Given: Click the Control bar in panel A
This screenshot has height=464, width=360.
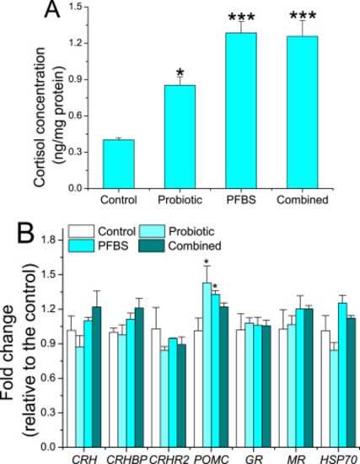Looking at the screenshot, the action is pos(119,164).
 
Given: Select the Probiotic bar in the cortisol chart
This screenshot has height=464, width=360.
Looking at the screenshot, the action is pos(180,137).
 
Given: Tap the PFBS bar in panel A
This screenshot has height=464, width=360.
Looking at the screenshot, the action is pos(241,111).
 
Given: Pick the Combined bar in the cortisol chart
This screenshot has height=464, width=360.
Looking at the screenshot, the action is pos(303,112).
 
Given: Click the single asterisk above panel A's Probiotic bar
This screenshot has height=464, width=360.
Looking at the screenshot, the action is pos(180,73).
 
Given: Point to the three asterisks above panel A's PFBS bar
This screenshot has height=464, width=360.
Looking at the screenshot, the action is pos(241,16).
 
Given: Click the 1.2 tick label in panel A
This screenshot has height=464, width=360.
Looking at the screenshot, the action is pos(75,43).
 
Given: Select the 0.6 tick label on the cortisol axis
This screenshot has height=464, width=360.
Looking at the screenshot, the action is pos(75,116).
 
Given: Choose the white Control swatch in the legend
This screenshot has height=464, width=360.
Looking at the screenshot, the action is pos(81,231).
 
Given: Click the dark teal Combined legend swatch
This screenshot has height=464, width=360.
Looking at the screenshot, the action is pos(152,245).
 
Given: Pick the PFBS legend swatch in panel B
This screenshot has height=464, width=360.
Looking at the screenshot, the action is pos(81,245).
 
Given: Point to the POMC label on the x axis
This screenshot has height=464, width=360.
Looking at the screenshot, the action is pos(212,459).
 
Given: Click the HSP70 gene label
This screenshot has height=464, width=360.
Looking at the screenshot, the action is pos(339,459).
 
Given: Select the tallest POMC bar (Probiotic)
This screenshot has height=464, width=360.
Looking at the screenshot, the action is pos(207,364).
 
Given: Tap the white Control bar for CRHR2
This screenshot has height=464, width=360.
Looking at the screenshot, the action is pos(156,388).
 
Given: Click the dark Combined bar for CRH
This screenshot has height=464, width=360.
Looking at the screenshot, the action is pos(97,377).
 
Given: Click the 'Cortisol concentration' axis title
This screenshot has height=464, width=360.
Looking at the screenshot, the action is pos(40,116).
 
